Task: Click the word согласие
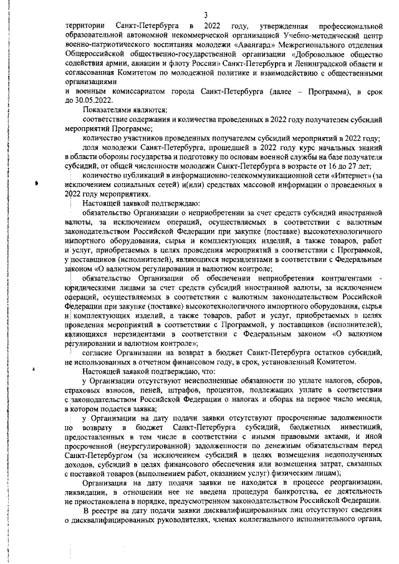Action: click(x=100, y=353)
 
